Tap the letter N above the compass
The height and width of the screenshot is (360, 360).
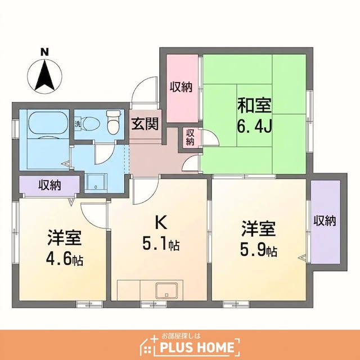[45, 52]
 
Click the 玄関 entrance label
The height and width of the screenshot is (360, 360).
[145, 124]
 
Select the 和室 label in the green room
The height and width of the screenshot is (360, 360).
[254, 105]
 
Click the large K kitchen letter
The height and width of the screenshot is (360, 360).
[161, 223]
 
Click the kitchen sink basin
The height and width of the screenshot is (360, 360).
[166, 291]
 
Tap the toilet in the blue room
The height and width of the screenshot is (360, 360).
[114, 121]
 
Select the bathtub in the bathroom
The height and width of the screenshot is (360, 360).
[48, 123]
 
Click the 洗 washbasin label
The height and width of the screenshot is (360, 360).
[78, 124]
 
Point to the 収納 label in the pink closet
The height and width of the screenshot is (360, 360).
[181, 87]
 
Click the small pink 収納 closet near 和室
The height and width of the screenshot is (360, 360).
[190, 137]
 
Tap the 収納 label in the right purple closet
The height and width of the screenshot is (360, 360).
[325, 220]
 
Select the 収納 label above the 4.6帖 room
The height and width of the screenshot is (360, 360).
[49, 185]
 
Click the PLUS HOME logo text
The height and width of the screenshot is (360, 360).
[197, 347]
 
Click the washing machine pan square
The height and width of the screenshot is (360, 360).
[96, 183]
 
